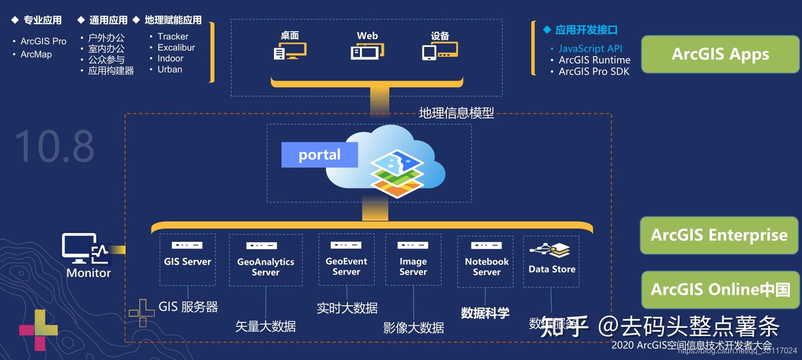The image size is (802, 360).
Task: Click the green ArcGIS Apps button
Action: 720,54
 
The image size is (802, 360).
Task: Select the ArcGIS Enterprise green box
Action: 719,235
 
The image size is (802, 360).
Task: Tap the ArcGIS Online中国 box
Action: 720,290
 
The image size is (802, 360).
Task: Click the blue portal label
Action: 319,155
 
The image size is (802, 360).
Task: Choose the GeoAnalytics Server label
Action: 266,267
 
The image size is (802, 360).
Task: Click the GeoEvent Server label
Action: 346,266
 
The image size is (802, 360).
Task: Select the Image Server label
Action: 413,267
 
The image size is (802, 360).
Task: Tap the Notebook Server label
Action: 486,267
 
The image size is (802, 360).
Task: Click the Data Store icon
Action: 550,250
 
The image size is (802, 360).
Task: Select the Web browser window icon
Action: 367,51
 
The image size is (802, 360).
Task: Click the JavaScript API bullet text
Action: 590,48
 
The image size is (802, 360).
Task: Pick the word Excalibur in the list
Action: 176,47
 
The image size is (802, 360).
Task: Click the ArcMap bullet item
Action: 36,54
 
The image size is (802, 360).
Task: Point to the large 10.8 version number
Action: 54,147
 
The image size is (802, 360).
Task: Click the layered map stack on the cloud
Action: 397,173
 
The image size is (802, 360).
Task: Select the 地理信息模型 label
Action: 456,113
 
